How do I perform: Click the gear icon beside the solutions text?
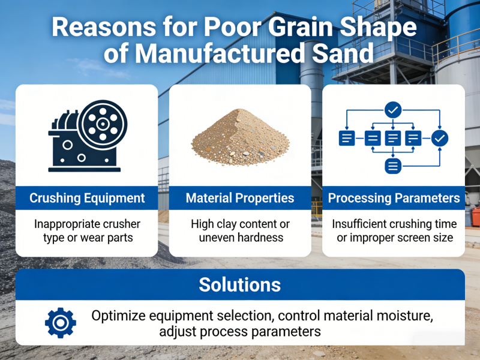(61, 323)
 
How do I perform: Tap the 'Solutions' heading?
(240, 284)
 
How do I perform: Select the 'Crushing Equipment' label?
(87, 198)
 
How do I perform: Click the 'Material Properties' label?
(240, 198)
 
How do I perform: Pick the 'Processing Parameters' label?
(394, 198)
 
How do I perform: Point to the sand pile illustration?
(240, 138)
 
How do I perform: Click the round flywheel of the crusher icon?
(103, 124)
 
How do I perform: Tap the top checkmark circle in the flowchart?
(392, 110)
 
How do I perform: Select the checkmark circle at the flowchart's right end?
(440, 138)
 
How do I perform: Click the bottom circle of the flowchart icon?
(392, 166)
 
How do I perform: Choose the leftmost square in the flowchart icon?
(346, 138)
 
